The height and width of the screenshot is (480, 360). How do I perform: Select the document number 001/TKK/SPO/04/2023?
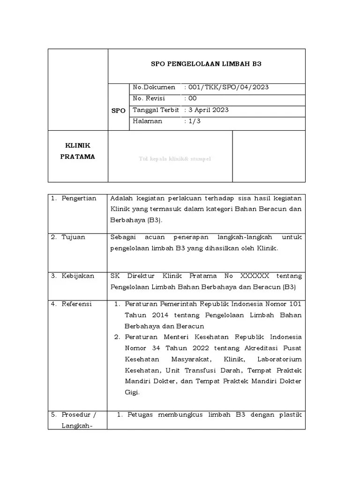pos(228,87)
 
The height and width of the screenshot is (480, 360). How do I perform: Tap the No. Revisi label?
pos(149,98)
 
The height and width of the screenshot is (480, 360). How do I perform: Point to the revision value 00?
pos(192,98)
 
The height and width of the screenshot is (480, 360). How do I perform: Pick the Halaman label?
pos(148,121)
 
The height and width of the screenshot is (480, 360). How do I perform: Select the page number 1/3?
pos(195,121)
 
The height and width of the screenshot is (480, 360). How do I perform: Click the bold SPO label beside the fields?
pos(118,111)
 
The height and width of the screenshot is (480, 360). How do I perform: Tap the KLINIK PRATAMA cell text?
pos(77,151)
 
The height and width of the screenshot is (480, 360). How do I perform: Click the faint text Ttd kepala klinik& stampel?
pos(175,159)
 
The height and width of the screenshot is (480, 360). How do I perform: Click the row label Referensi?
pos(77,304)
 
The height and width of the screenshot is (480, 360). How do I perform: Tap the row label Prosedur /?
pos(78,415)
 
